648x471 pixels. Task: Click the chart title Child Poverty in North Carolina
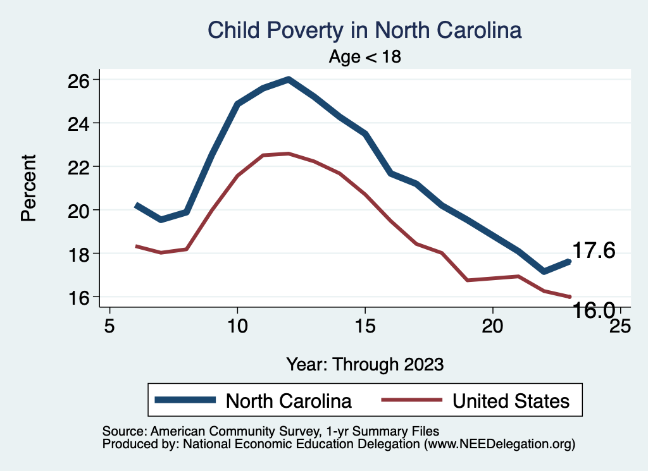click(364, 30)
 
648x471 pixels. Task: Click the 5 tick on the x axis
click(110, 326)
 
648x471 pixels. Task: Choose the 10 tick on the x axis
click(237, 326)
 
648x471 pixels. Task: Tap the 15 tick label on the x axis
click(365, 326)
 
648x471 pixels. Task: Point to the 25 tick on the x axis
click(620, 326)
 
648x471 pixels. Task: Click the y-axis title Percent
click(28, 188)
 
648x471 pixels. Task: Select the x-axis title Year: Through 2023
click(365, 364)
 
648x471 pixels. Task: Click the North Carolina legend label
click(289, 401)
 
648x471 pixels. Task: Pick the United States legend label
click(511, 401)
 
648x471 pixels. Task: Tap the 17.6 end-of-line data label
click(594, 250)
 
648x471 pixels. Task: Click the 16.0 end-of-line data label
click(594, 310)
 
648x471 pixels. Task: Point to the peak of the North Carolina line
click(289, 80)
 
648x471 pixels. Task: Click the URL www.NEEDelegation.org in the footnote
click(499, 444)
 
